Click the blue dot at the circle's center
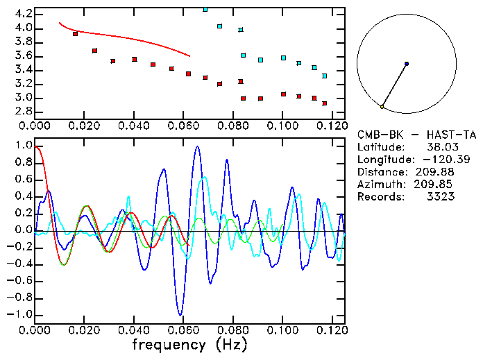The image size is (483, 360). tap(407, 64)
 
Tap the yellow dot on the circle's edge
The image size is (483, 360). tap(382, 107)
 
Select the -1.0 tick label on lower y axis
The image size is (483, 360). tap(19, 314)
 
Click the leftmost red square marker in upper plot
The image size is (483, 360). tap(75, 34)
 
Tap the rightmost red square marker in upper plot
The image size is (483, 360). tap(324, 103)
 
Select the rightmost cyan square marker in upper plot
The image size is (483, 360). tap(324, 76)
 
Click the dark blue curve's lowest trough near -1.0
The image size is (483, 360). tap(180, 314)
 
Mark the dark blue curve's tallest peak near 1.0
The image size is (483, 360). tap(198, 146)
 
